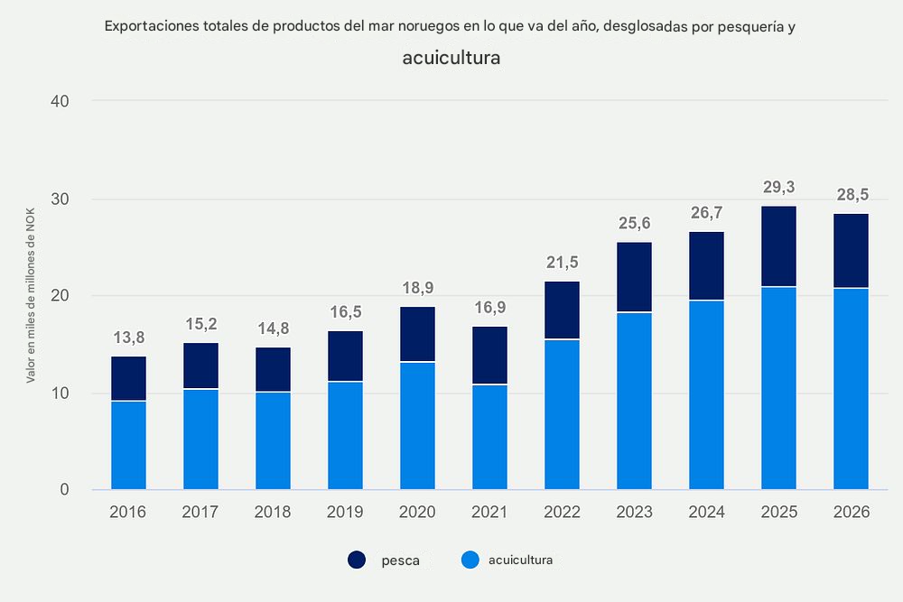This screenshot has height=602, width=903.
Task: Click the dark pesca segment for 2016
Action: pos(128,378)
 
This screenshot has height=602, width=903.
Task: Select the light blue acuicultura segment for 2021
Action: pos(489,437)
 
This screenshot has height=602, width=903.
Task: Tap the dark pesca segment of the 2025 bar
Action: pos(778,246)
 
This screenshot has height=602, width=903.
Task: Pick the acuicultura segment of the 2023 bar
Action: pos(634,401)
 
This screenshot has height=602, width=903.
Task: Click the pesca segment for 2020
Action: pos(417,334)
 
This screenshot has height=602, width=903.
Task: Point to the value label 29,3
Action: pos(778,188)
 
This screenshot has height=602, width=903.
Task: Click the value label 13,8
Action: pos(128,338)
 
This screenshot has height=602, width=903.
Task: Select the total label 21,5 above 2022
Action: pos(562,264)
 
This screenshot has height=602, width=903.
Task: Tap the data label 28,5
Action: pos(851,196)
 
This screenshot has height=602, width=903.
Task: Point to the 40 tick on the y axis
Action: pos(61,101)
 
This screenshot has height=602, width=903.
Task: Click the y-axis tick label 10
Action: pos(61,394)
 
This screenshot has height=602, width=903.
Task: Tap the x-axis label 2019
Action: pos(345,513)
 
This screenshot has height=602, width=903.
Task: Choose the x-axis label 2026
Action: pos(851,513)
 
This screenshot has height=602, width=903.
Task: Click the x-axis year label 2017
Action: pos(200,513)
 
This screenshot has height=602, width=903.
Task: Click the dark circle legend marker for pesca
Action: pos(357,560)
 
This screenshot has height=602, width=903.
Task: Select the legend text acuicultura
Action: pos(520,560)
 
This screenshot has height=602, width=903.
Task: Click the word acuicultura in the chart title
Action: pos(451,59)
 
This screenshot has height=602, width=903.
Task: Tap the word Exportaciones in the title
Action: pos(150,26)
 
